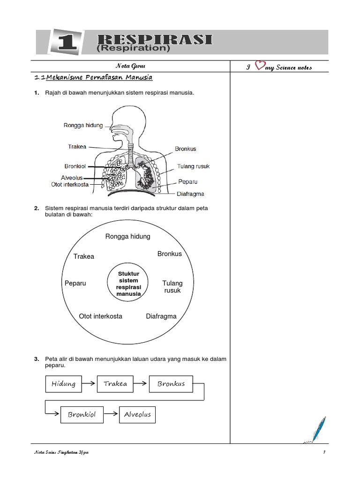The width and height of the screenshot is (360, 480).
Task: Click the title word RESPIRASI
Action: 154,39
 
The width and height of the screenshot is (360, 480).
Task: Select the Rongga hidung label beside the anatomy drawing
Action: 83,126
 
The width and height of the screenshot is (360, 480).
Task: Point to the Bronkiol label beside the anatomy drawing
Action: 75,166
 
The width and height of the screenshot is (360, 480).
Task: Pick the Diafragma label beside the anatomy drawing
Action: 190,194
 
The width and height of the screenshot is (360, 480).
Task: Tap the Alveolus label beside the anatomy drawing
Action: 72,178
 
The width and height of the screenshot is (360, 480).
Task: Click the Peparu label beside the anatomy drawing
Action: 187,181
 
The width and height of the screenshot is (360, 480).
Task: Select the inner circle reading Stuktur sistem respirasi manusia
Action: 128,284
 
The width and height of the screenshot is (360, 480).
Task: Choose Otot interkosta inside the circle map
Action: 100,316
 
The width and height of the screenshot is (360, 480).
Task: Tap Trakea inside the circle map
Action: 84,256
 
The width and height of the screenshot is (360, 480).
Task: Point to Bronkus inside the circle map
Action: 170,254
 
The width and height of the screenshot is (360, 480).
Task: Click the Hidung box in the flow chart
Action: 64,384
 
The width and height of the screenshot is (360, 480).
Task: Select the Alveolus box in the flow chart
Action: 138,415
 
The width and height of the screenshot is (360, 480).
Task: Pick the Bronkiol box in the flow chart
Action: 82,415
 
